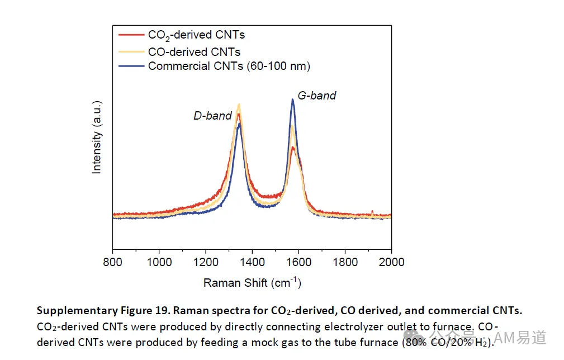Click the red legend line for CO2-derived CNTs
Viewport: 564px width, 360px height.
[x=131, y=35]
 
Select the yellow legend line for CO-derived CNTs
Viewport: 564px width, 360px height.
[x=131, y=52]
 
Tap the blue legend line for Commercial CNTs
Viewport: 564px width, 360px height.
[x=131, y=66]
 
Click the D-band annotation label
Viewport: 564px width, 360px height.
[x=212, y=116]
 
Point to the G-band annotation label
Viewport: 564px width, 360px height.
[x=317, y=96]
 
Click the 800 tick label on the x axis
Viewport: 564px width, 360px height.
[x=112, y=262]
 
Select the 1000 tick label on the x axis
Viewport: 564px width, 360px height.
[x=159, y=262]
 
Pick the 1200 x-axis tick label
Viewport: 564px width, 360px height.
[x=206, y=262]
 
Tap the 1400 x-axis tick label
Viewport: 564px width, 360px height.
[x=252, y=262]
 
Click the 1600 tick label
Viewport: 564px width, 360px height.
[x=298, y=262]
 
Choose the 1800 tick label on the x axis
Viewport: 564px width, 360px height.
[x=345, y=262]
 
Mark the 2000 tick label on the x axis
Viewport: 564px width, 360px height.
[x=391, y=262]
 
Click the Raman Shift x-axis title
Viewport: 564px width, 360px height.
[x=252, y=283]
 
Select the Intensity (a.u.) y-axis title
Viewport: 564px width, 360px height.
[x=97, y=138]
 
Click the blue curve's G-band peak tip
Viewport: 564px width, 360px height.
[x=293, y=100]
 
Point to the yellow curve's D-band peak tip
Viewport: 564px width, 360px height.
[x=239, y=105]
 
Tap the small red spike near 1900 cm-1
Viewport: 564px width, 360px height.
[x=372, y=212]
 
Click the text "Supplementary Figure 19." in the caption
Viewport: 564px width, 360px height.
[x=103, y=310]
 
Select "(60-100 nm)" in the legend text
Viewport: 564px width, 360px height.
[x=278, y=66]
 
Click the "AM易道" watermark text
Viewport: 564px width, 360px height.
[x=520, y=338]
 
